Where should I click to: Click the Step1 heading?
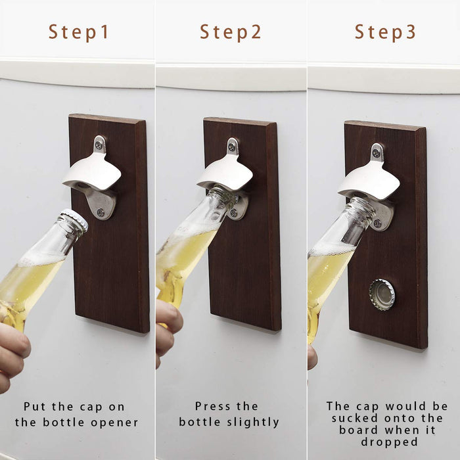[79, 32]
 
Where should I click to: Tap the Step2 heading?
[230, 32]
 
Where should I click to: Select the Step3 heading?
[385, 32]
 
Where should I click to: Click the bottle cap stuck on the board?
[382, 294]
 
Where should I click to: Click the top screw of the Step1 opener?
[99, 145]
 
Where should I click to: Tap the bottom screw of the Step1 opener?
[101, 212]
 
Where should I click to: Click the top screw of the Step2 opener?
[233, 147]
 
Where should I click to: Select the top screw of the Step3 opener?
[376, 152]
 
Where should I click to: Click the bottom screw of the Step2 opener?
[234, 213]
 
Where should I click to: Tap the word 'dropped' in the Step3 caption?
[389, 442]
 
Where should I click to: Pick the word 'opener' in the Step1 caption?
[114, 423]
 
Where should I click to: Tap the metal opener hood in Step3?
[369, 179]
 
